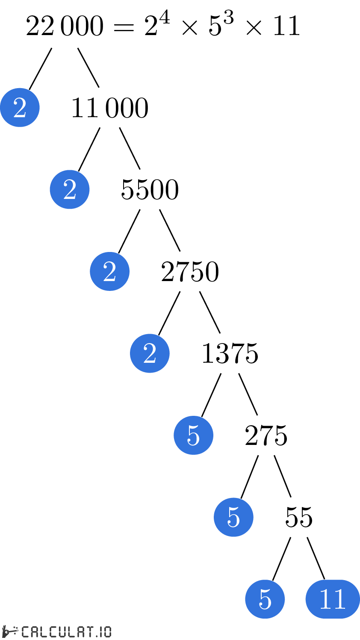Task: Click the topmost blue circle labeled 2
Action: point(20,107)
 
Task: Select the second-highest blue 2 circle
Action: point(70,190)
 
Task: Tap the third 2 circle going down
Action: point(109,271)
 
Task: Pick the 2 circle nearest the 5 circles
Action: point(150,353)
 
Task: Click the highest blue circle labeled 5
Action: point(193,435)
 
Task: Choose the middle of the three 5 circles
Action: point(233,517)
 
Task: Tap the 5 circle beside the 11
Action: point(265,599)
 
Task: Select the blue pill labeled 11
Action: point(333,599)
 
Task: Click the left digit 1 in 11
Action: point(325,599)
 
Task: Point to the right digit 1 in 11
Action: point(339,599)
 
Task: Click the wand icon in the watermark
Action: point(9,631)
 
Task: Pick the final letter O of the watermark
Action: point(108,632)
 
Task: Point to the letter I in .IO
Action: point(102,632)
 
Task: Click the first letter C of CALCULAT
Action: point(25,632)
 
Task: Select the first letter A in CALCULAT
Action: point(35,632)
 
